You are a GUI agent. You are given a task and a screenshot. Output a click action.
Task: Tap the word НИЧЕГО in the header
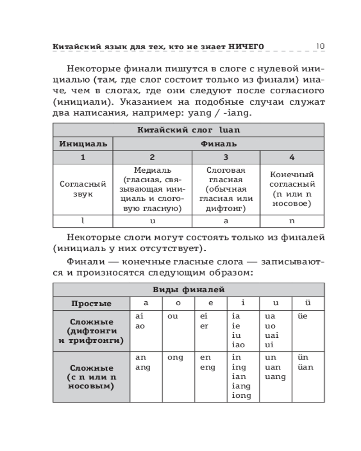pos(245,46)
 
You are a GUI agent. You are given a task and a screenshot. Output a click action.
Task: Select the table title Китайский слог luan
pos(189,130)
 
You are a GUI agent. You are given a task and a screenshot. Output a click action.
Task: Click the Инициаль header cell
pos(83,144)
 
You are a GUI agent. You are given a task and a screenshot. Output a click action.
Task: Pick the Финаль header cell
pos(218,144)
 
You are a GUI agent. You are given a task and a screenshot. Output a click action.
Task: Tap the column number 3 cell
pos(226,157)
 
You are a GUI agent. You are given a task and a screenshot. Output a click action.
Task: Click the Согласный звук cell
pos(83,189)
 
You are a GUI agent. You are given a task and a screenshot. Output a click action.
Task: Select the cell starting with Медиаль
pos(153,189)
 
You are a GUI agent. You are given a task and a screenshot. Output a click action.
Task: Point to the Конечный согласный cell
pos(292,189)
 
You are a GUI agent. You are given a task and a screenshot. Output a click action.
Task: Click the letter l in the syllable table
pos(83,221)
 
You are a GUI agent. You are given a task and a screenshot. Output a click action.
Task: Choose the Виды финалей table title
pos(189,290)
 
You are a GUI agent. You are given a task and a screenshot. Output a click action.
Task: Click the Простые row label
pos(91,304)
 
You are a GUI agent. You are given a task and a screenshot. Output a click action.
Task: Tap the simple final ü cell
pos(308,303)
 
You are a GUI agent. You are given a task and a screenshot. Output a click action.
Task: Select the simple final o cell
pos(178,303)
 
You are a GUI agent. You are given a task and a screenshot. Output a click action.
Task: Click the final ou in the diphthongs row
pos(173,317)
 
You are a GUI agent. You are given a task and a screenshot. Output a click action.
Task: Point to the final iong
pos(241,396)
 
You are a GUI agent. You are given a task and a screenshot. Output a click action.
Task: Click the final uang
pos(275,377)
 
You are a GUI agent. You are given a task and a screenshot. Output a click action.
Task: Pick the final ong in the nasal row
pos(175,358)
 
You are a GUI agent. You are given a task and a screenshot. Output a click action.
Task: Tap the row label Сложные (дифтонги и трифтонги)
pos(91,331)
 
